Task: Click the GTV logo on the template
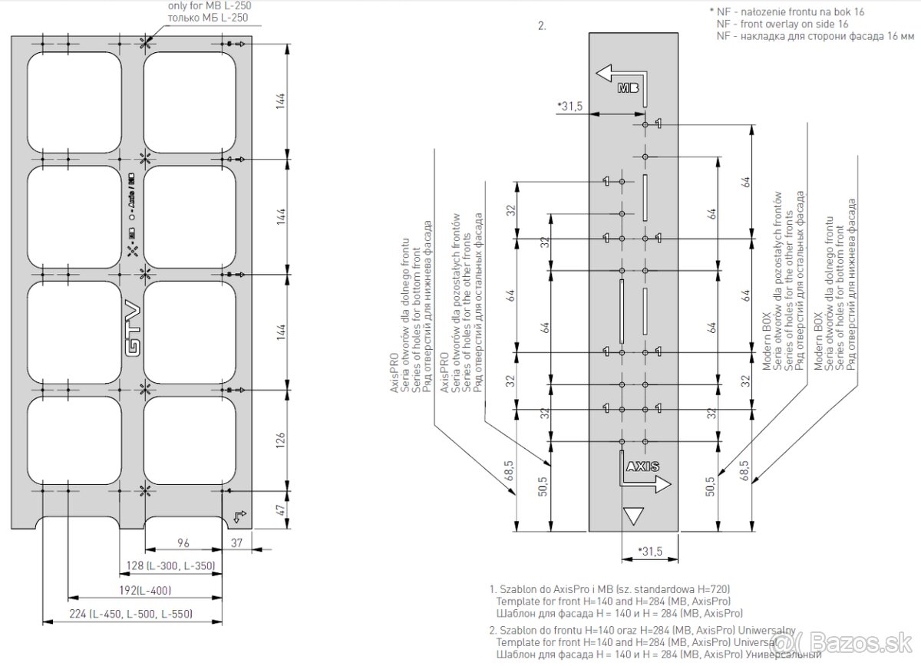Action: click(132, 329)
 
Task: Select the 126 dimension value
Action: click(281, 440)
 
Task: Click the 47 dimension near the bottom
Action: click(281, 509)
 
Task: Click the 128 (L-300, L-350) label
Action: click(167, 566)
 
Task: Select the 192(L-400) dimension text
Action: click(144, 590)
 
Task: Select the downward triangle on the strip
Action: click(633, 516)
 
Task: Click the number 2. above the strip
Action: click(542, 25)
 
